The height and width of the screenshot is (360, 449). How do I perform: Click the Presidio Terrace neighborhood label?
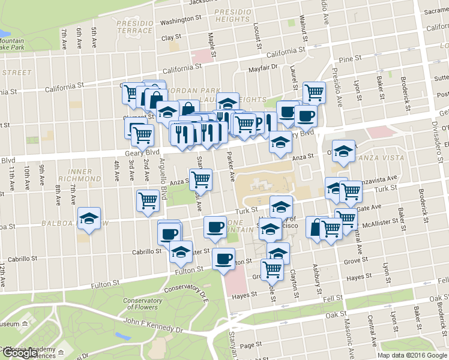click(x=134, y=26)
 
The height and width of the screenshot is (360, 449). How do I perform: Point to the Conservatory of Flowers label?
click(x=142, y=305)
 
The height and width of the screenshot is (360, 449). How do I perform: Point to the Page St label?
click(x=247, y=346)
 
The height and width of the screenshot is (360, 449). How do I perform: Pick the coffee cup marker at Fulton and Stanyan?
click(x=224, y=259)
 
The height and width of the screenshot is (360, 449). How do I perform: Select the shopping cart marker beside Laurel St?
click(x=314, y=92)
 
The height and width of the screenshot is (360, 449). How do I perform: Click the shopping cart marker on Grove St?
click(x=273, y=269)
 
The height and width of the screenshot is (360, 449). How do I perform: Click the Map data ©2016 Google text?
click(x=412, y=355)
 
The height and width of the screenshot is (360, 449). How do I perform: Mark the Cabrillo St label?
click(x=22, y=259)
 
